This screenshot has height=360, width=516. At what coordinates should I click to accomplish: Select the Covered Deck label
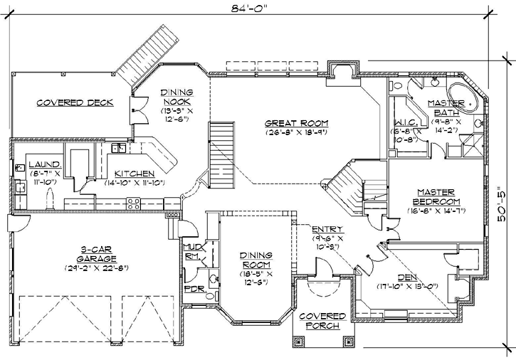(x=75, y=102)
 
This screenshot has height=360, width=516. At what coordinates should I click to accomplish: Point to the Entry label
(x=327, y=229)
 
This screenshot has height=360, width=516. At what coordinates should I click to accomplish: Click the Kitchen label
(x=134, y=174)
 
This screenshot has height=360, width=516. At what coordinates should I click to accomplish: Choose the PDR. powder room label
(x=194, y=290)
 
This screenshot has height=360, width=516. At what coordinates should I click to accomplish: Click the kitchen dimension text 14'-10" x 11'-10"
(x=134, y=183)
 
